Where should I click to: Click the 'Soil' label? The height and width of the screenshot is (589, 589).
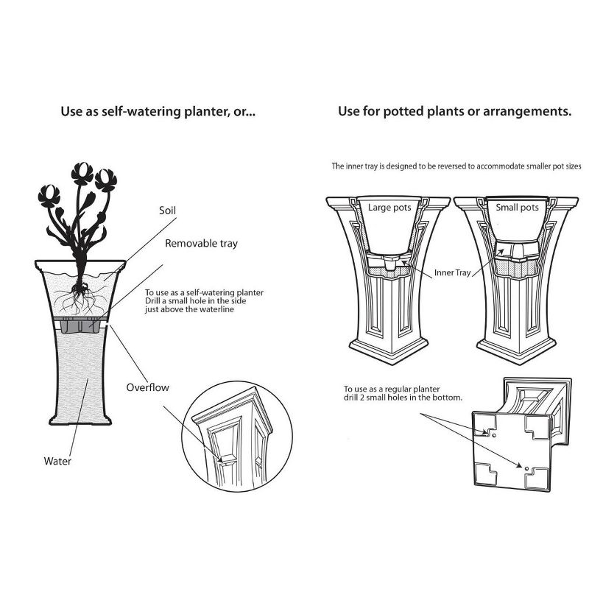click(168, 210)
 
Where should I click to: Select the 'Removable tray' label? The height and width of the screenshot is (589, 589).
click(201, 243)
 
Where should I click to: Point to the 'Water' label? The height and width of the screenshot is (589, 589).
click(57, 462)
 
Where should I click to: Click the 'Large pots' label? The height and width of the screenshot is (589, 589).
click(389, 208)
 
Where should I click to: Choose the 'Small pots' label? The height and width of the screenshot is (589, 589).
click(517, 208)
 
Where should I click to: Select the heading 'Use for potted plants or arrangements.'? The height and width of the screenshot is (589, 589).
click(455, 112)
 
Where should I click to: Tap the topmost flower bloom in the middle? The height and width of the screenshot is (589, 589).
click(82, 172)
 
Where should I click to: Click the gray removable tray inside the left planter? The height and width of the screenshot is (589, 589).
click(80, 326)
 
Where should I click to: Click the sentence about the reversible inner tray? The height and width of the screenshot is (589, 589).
click(456, 167)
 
